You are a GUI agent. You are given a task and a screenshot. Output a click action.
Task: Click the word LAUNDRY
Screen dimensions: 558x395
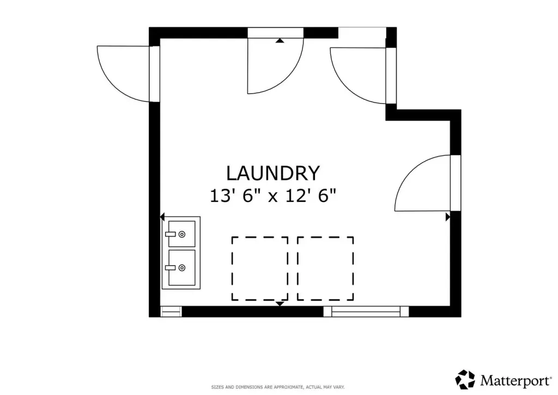[273, 173]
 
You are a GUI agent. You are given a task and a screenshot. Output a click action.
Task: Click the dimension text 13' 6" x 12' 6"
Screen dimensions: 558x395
[273, 196]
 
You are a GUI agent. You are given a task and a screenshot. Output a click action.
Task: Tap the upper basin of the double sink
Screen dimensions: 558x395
[181, 234]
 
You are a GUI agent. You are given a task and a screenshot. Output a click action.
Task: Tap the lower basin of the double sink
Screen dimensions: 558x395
[181, 267]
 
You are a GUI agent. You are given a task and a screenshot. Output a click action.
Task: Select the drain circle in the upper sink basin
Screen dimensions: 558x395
[182, 234]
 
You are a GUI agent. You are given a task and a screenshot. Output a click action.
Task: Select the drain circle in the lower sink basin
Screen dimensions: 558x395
[182, 267]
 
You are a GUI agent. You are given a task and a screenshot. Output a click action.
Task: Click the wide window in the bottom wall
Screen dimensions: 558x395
[366, 312]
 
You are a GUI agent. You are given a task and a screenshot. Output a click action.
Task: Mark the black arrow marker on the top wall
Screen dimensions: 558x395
[280, 40]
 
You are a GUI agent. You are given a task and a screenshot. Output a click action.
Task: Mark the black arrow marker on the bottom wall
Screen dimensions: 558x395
[280, 303]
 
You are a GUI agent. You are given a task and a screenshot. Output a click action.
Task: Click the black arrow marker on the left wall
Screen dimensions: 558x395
[162, 217]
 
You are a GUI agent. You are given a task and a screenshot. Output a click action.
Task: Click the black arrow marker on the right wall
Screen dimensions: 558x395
[448, 217]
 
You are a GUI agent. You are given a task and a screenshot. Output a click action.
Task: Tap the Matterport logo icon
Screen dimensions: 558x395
[465, 380]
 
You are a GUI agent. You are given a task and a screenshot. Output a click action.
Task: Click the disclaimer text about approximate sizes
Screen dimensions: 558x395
[278, 387]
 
